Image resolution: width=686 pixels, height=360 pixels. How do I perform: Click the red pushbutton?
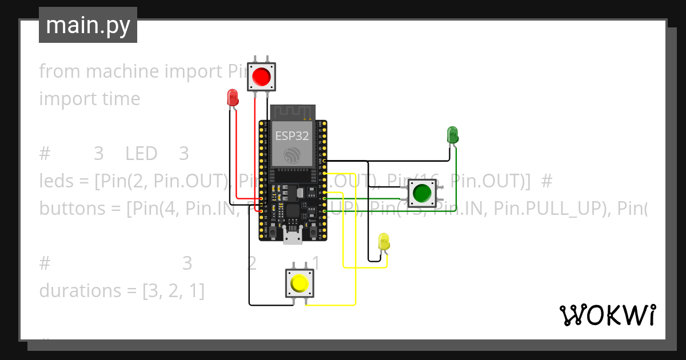pos(261,76)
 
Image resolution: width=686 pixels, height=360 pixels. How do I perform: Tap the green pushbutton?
pos(421,193)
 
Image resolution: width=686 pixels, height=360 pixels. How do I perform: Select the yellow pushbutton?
pos(300,283)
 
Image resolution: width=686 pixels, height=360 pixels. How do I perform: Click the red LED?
pos(232,97)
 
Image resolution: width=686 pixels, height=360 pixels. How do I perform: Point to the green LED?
pos(452,135)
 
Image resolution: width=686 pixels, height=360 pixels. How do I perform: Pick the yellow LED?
pos(384,241)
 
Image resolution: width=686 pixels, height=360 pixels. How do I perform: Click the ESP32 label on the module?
pos(292,136)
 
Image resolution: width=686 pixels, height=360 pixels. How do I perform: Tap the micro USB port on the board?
pos(293,236)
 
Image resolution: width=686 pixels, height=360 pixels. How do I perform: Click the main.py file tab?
pos(88,25)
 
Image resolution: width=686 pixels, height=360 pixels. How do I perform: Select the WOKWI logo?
pos(607,315)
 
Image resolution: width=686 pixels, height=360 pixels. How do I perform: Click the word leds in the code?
pos(56,181)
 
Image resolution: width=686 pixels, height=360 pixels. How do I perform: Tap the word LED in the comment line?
pos(141,154)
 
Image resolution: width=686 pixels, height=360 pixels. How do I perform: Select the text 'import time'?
pos(89,99)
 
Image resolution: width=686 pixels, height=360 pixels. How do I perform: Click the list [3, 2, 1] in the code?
pos(173,291)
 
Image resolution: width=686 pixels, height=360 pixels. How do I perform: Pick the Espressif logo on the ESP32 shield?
pos(292,154)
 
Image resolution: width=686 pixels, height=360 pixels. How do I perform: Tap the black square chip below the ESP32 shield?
pos(292,210)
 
